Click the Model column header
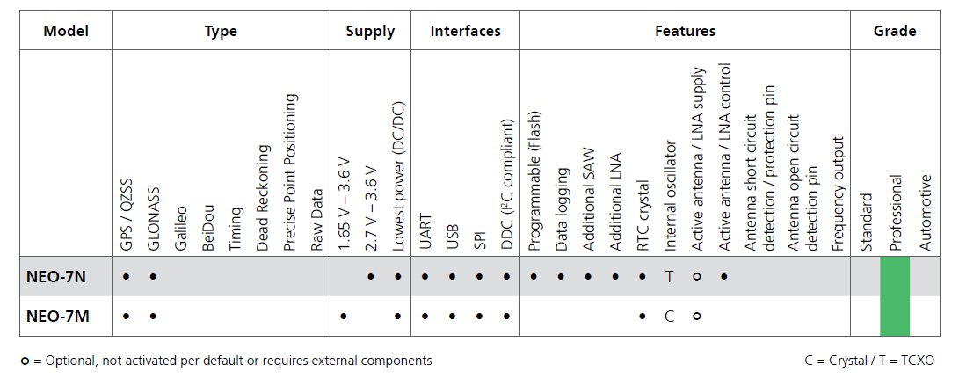(x=66, y=32)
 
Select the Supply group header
(x=370, y=32)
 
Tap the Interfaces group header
(x=465, y=32)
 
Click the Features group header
(x=685, y=32)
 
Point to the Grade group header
(x=895, y=32)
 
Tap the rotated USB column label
(x=453, y=236)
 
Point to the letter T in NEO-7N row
(x=670, y=276)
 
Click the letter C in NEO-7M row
(x=670, y=316)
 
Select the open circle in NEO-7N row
(x=697, y=276)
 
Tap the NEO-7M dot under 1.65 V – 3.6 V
(x=343, y=316)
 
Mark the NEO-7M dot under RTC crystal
(x=643, y=316)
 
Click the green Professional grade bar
(x=895, y=295)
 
